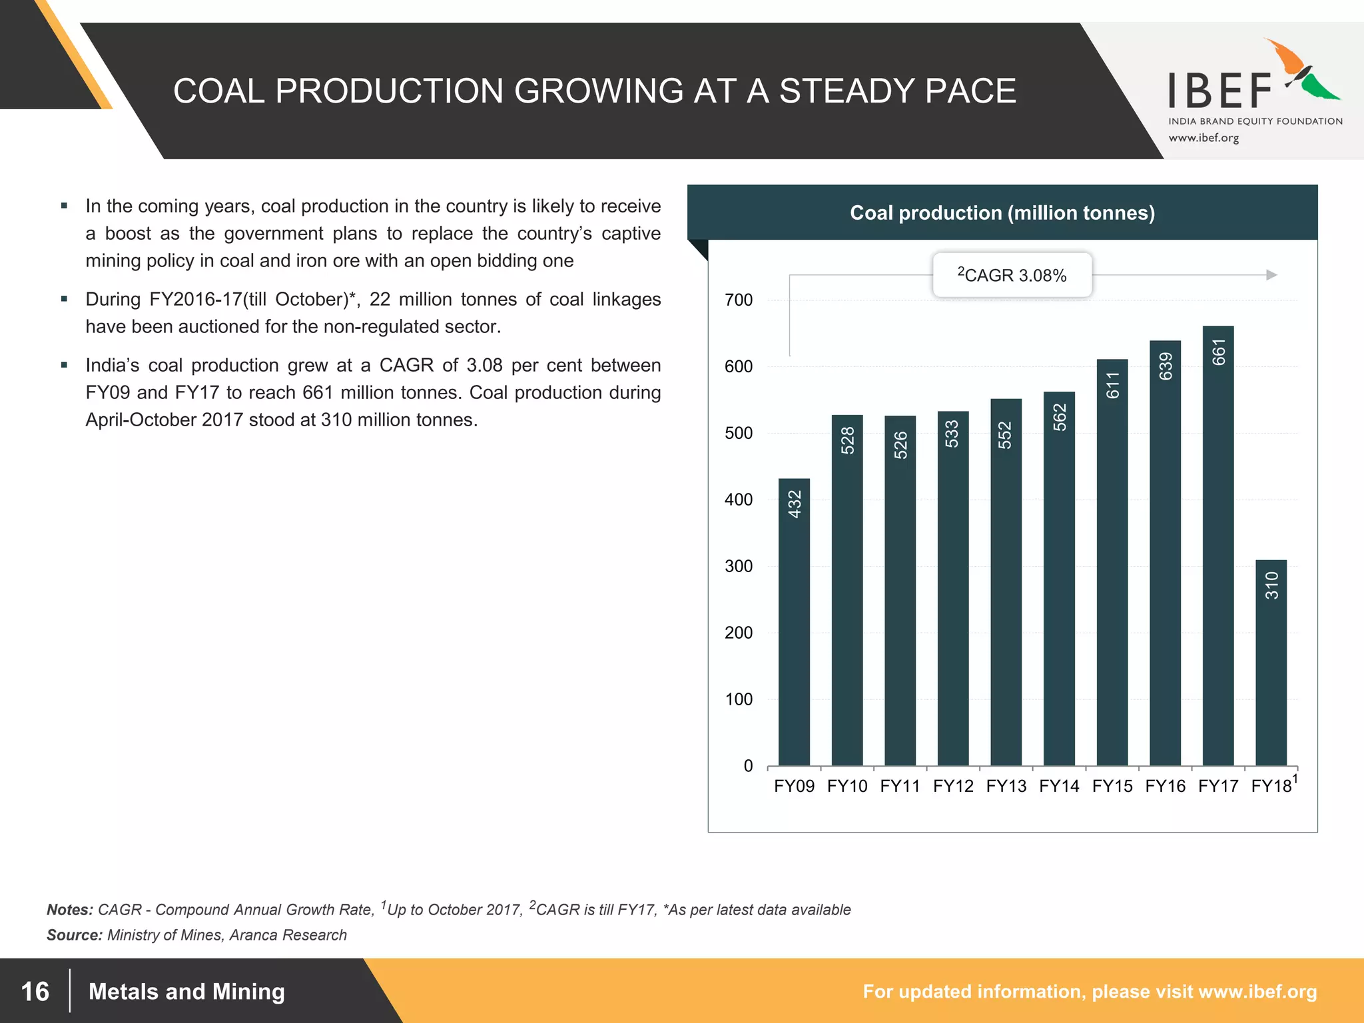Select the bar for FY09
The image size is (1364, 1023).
[x=794, y=623]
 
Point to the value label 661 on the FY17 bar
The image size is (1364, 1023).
[x=1218, y=352]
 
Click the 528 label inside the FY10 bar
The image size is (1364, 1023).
[x=847, y=441]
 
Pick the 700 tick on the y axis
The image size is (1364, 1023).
[x=739, y=300]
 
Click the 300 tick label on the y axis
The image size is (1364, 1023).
[x=739, y=567]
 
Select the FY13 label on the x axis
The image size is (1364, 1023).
[x=1006, y=787]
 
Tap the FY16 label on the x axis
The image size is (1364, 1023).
[x=1165, y=787]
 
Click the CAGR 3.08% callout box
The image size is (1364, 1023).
[x=1012, y=275]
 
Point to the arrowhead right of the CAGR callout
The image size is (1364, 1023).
[x=1271, y=275]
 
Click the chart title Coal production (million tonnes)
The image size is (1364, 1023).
[x=1002, y=213]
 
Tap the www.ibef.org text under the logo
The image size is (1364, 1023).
[x=1203, y=139]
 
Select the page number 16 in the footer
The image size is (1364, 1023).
[x=35, y=992]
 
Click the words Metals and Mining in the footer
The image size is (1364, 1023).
[x=186, y=992]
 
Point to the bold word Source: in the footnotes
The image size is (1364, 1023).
[x=74, y=935]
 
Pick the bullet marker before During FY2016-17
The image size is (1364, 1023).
[x=64, y=299]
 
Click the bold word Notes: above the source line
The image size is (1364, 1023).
[x=69, y=910]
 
